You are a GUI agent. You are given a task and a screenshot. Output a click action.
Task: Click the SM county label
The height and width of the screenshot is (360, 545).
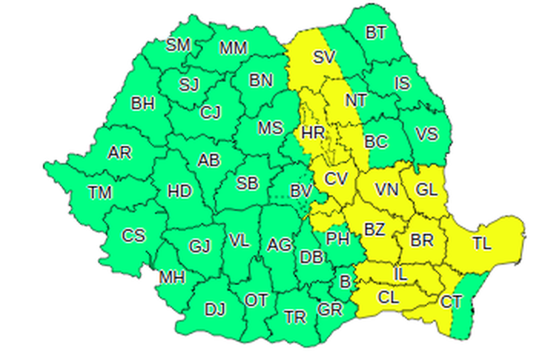point(178,45)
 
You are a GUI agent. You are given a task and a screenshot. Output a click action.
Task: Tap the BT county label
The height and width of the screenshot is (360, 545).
point(375,32)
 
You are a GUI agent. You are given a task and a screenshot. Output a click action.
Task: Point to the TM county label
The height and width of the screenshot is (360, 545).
point(99,193)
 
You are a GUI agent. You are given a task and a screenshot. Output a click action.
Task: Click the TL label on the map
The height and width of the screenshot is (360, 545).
point(482,241)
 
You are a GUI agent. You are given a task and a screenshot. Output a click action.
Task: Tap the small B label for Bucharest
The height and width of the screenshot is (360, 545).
point(344,280)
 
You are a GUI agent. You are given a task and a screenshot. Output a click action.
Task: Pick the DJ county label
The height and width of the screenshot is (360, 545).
point(215,310)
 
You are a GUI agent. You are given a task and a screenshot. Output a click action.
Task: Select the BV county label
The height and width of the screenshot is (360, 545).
point(300,193)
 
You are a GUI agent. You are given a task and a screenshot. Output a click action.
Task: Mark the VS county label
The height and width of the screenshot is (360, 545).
point(426,134)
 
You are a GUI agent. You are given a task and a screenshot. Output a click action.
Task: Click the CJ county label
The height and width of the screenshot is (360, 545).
point(210,113)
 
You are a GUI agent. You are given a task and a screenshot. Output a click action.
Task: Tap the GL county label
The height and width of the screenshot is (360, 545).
point(426,190)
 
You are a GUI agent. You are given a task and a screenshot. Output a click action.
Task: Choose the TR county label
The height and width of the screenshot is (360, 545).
point(295,317)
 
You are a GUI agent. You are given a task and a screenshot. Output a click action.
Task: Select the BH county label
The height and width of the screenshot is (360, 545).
point(142,104)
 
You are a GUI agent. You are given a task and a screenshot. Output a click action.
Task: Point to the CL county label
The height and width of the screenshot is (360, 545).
point(388,297)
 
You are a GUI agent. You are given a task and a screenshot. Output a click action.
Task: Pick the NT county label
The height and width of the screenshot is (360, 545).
point(356,100)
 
